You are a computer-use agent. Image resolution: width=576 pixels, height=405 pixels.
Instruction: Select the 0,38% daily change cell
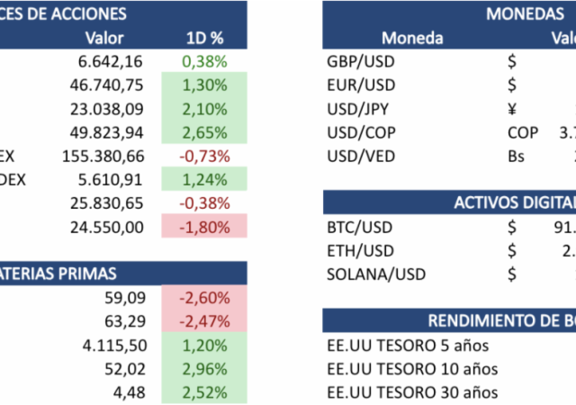204,61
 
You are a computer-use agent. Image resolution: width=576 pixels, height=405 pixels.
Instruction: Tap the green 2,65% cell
204,131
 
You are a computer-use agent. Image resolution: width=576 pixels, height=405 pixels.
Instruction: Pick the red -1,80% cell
204,226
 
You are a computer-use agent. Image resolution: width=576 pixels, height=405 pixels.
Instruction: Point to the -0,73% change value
204,155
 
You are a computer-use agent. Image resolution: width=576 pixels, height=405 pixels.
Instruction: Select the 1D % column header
204,38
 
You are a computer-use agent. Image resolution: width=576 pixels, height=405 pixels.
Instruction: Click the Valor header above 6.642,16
103,38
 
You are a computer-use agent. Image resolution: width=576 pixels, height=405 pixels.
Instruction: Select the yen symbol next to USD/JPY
512,109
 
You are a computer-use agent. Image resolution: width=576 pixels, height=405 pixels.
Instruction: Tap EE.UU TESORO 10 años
412,368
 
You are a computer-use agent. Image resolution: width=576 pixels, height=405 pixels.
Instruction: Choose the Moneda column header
412,38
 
